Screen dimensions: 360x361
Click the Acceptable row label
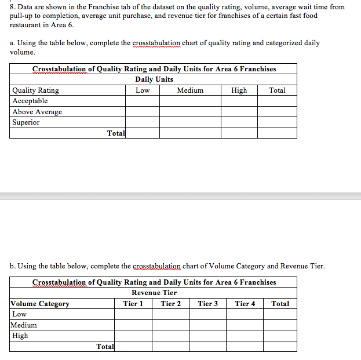point(30,101)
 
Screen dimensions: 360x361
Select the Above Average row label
point(37,112)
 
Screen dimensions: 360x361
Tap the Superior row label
point(26,122)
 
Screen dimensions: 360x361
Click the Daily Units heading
point(154,79)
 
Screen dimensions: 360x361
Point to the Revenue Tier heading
point(154,293)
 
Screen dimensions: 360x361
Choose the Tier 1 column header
point(133,304)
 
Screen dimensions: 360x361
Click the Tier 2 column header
point(170,304)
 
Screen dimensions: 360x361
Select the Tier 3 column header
point(208,304)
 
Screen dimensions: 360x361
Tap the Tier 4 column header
point(245,304)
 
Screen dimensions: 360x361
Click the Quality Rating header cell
point(35,90)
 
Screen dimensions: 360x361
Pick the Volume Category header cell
point(41,304)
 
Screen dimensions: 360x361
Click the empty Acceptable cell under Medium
point(190,101)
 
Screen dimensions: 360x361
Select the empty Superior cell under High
point(239,122)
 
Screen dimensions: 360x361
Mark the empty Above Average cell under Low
point(143,112)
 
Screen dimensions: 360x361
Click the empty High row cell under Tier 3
point(208,336)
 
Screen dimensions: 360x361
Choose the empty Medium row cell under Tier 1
point(133,325)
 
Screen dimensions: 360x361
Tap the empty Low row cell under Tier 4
point(245,314)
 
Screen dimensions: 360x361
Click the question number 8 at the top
point(13,7)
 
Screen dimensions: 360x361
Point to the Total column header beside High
point(277,90)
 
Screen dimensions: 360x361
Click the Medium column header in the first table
point(190,90)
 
